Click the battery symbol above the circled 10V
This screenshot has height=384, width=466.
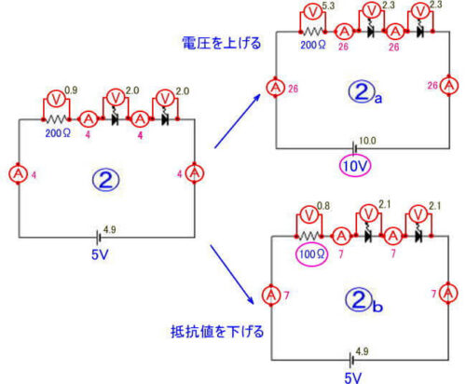(x=354, y=145)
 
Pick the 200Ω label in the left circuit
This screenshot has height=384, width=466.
(x=59, y=133)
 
